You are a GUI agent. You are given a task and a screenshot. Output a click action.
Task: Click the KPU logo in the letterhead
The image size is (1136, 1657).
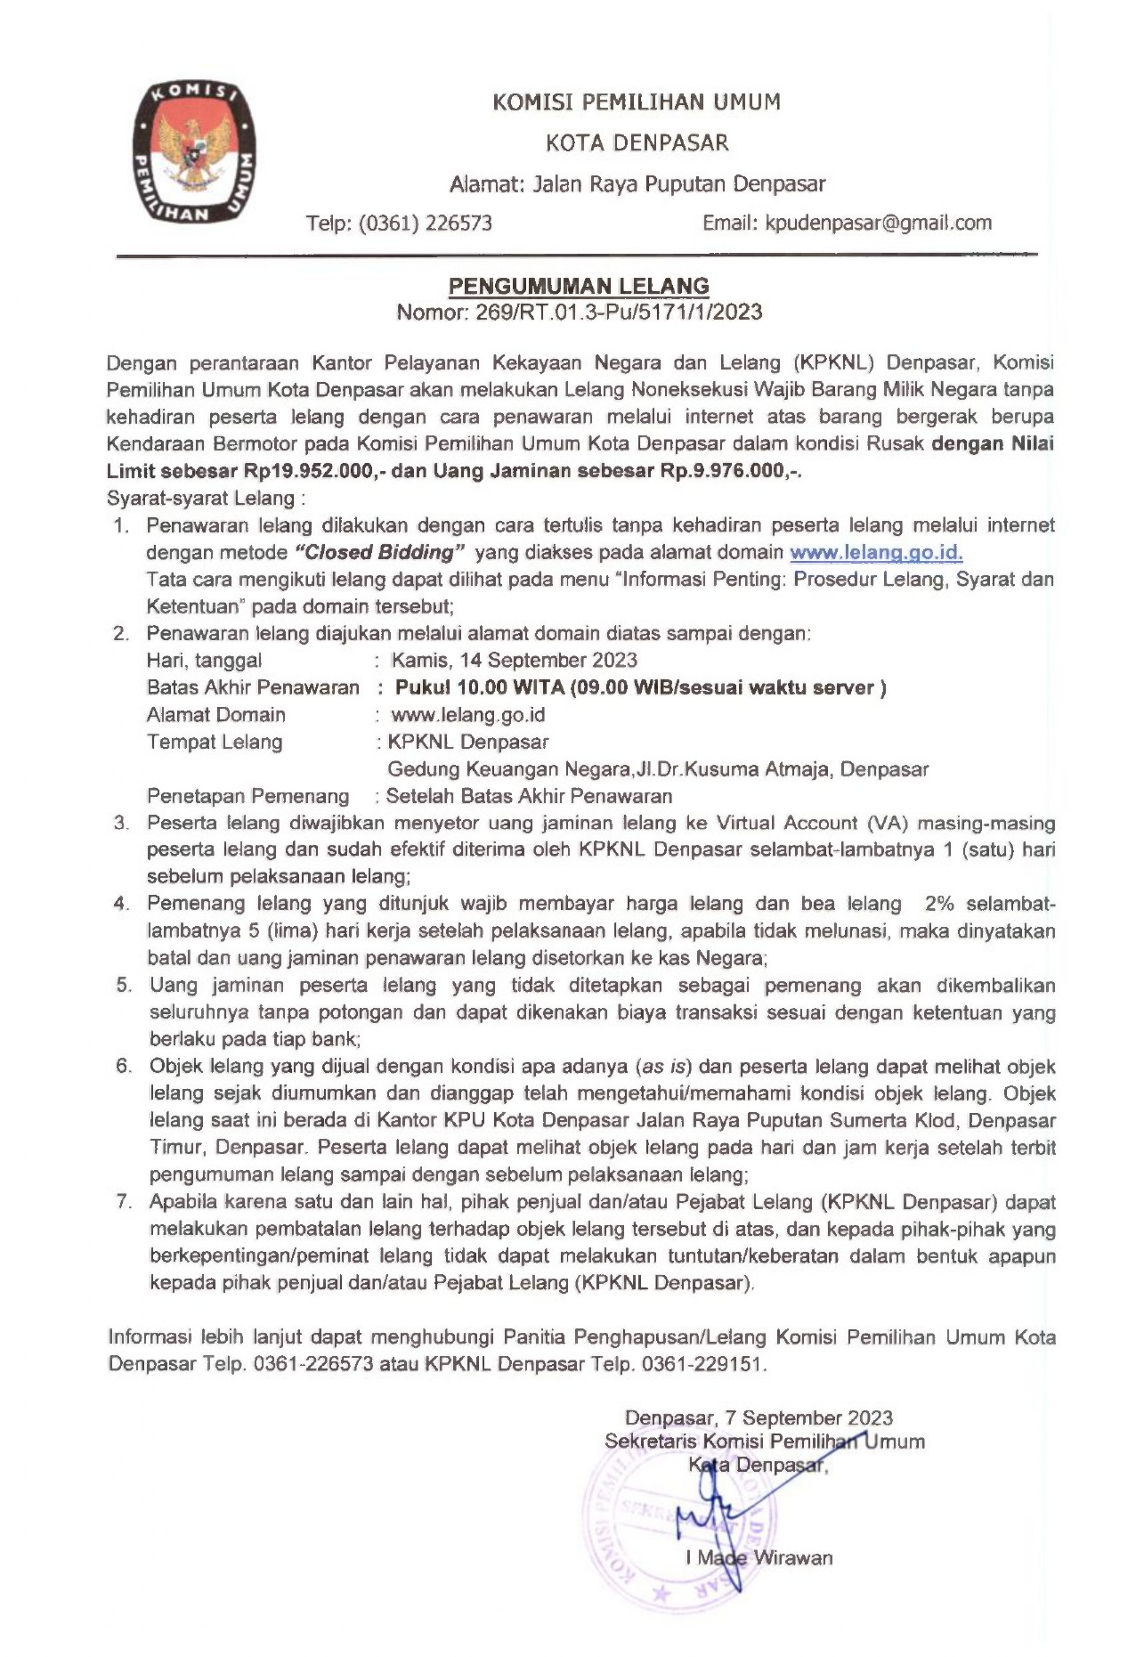(x=192, y=152)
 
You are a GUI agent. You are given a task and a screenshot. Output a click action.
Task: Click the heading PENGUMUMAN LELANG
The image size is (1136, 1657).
(x=579, y=286)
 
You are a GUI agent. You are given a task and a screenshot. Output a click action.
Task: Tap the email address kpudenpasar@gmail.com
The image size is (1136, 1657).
(x=878, y=223)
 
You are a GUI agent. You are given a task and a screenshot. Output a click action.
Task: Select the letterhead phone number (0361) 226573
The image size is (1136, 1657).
(x=426, y=223)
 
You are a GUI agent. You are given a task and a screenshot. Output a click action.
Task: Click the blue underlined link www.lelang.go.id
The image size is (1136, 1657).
(x=876, y=552)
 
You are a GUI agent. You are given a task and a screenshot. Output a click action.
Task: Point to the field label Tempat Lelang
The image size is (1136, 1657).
(x=215, y=742)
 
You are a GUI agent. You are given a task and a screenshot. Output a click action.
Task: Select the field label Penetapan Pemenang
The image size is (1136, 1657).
(x=248, y=796)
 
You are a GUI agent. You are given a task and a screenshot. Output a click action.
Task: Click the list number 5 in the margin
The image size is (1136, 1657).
(x=123, y=985)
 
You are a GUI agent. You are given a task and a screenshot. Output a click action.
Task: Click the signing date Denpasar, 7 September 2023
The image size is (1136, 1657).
(x=759, y=1418)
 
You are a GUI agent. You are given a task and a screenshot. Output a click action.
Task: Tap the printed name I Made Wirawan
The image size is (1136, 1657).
(x=759, y=1558)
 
